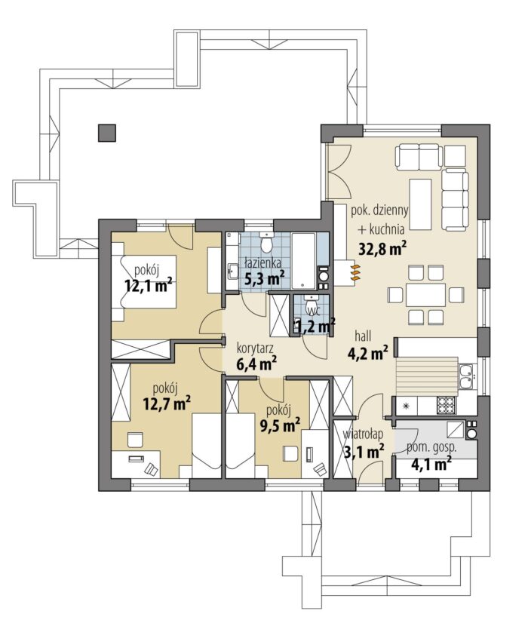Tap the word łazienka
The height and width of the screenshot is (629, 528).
pos(262,263)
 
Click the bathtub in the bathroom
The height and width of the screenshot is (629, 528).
pos(304,260)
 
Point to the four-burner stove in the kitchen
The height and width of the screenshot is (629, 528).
pos(445,405)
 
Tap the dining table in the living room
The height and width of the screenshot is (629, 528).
pos(425,295)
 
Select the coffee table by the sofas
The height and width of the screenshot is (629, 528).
pos(420,204)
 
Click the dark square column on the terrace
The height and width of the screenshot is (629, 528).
pos(106,133)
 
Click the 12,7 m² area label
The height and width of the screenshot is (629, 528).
pos(167,403)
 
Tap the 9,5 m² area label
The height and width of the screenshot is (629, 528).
pos(280,425)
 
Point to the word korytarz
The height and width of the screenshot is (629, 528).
pos(255,347)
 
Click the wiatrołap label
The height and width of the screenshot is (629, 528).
pos(363,434)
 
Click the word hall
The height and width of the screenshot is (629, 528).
pos(363,336)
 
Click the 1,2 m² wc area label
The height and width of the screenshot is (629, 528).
pos(315,326)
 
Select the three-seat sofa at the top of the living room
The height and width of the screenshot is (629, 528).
pos(419,156)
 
